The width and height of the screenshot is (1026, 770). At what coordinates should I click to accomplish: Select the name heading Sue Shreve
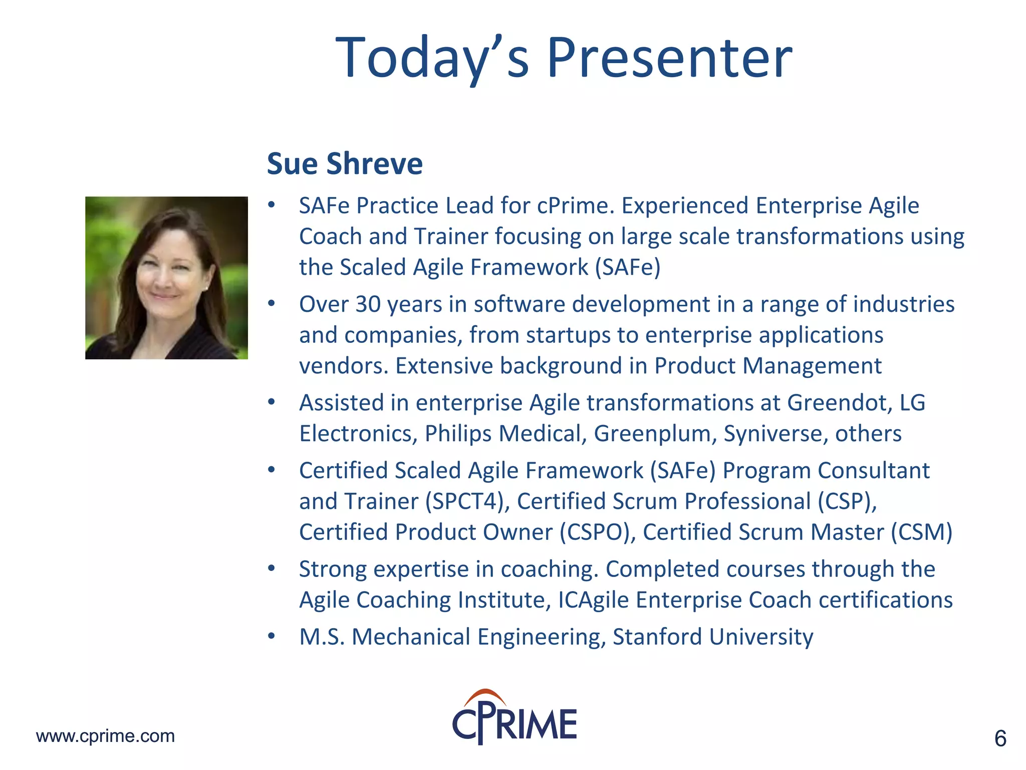[x=345, y=164]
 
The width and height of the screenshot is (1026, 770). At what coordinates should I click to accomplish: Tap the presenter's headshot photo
[x=166, y=278]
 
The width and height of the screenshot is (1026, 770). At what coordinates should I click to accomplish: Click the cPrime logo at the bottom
[x=515, y=718]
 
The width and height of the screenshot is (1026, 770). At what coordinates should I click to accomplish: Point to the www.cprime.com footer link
[x=105, y=736]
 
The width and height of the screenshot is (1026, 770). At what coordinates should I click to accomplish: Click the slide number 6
[x=1000, y=739]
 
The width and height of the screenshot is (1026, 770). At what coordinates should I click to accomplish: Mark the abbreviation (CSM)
[x=921, y=532]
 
